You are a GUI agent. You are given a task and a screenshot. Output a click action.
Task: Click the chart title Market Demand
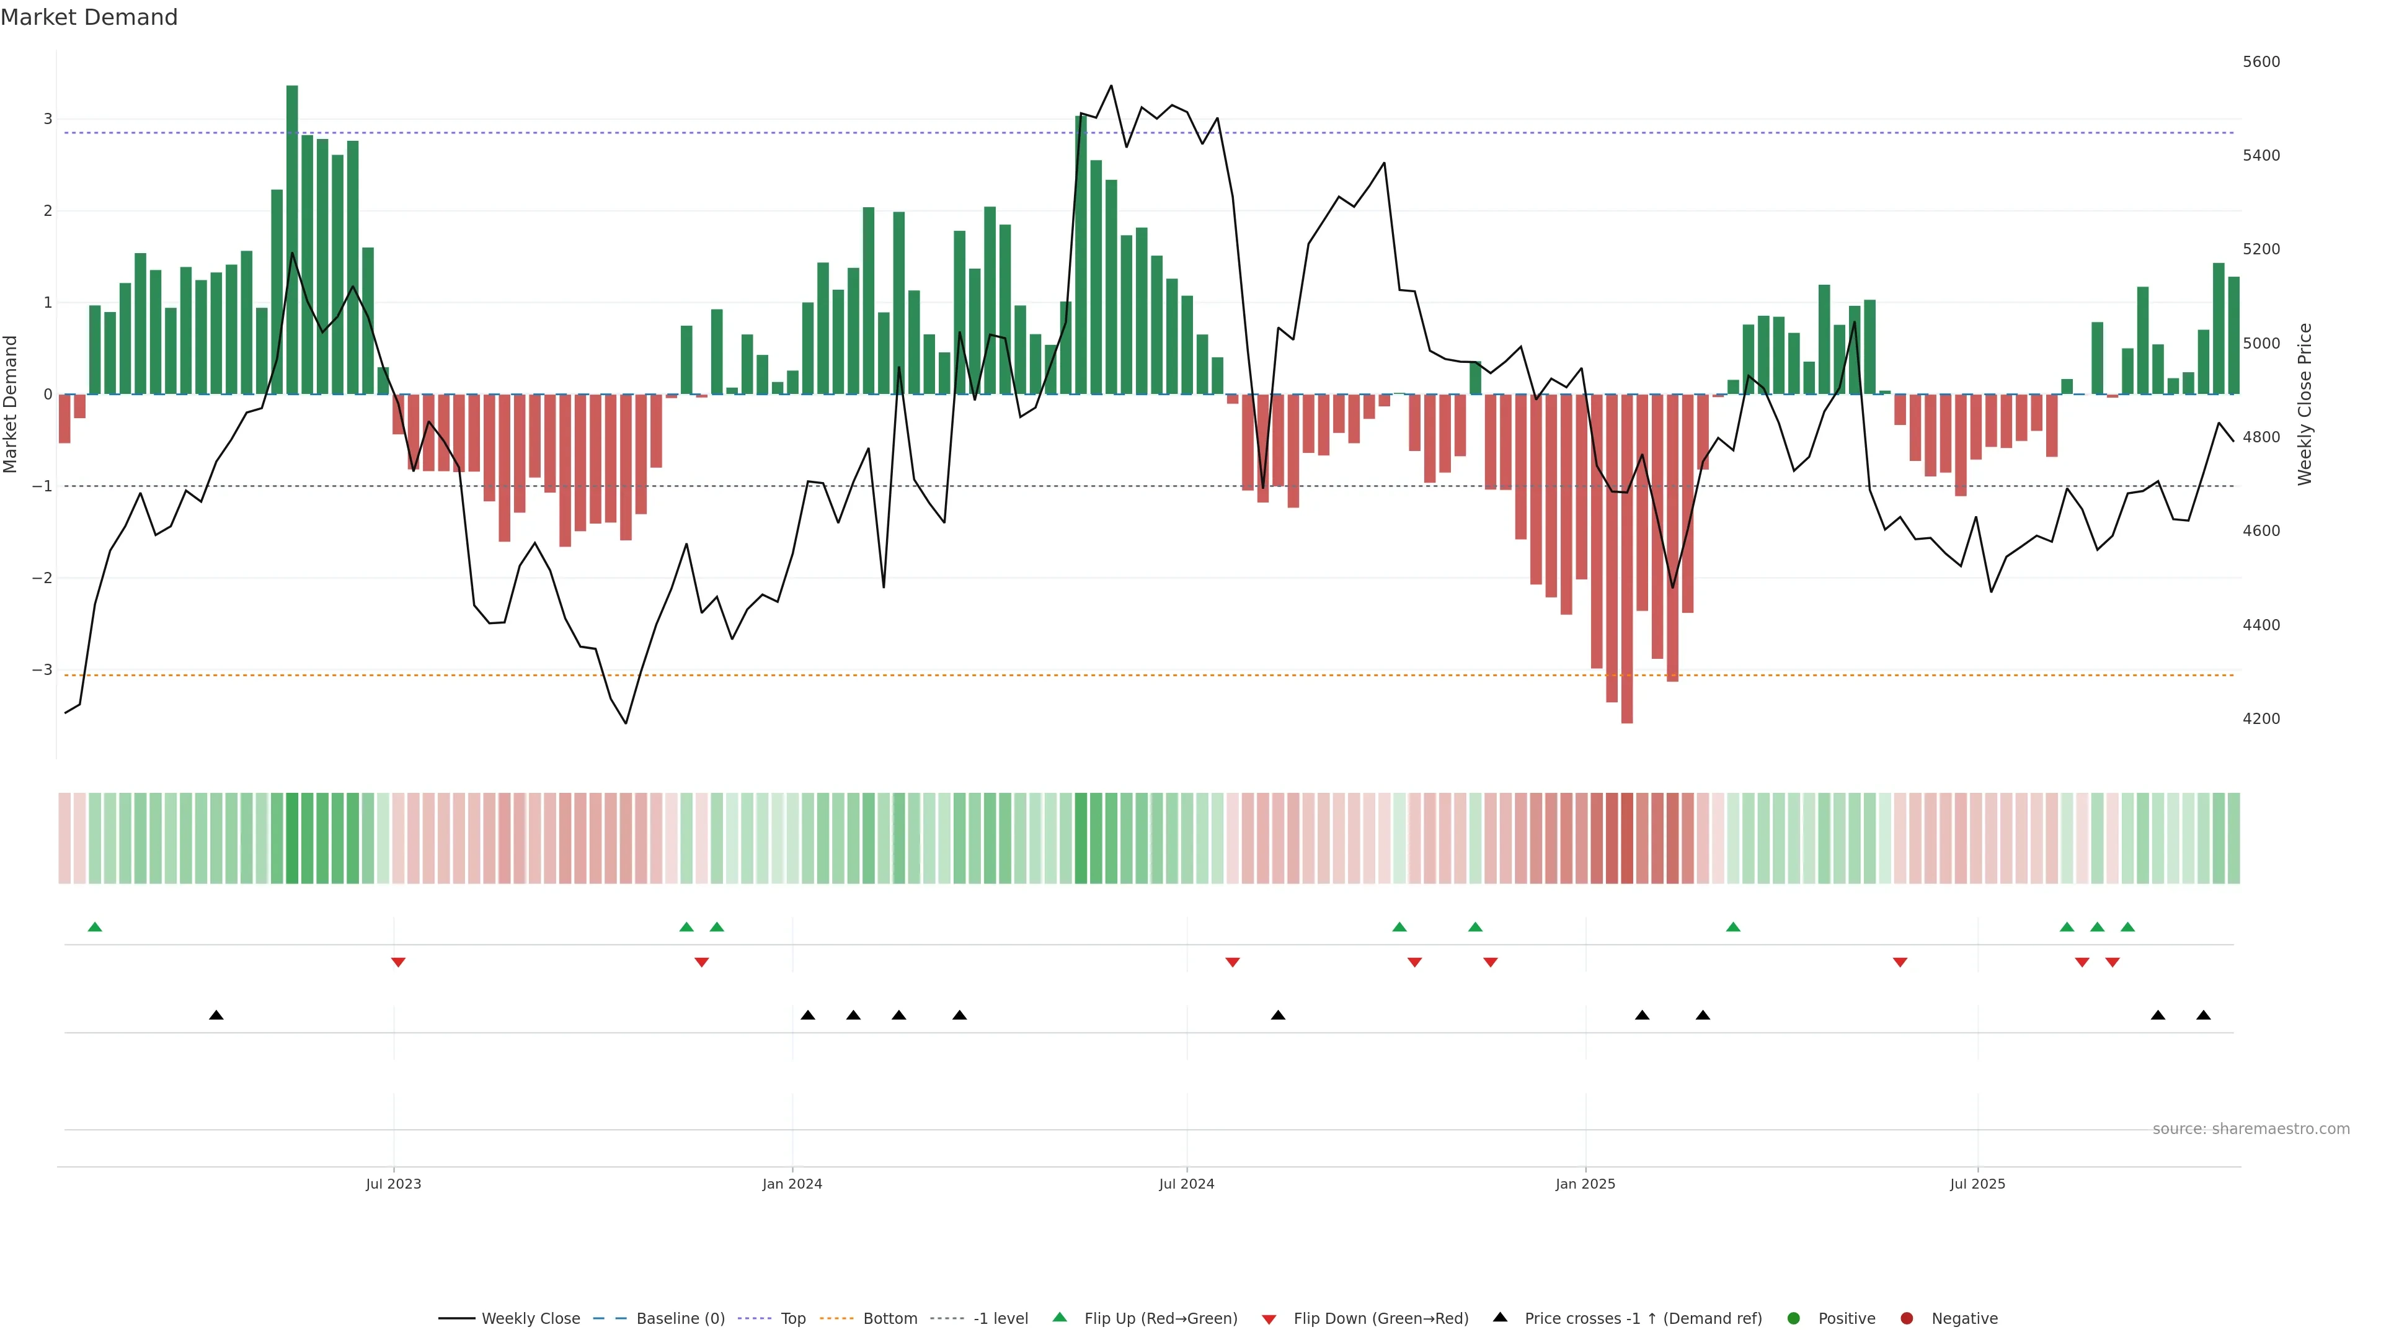pyautogui.click(x=89, y=17)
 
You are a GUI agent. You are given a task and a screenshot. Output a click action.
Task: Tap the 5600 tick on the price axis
pyautogui.click(x=2261, y=62)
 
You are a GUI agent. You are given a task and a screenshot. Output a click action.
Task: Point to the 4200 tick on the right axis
pyautogui.click(x=2261, y=718)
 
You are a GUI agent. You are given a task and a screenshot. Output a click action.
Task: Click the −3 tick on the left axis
pyautogui.click(x=42, y=669)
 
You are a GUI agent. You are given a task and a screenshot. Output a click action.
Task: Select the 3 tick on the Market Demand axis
pyautogui.click(x=47, y=118)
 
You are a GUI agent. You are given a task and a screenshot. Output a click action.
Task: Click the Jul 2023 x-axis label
pyautogui.click(x=393, y=1184)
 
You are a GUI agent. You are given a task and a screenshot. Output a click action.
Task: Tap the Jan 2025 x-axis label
pyautogui.click(x=1585, y=1184)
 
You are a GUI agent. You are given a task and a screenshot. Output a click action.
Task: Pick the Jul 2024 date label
pyautogui.click(x=1187, y=1184)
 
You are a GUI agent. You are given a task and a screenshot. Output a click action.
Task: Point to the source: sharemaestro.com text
pyautogui.click(x=2251, y=1129)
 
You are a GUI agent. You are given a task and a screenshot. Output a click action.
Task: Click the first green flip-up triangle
pyautogui.click(x=94, y=927)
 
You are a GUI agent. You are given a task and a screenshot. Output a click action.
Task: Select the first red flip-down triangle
pyautogui.click(x=398, y=963)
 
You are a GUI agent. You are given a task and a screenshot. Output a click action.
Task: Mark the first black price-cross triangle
pyautogui.click(x=216, y=1016)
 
